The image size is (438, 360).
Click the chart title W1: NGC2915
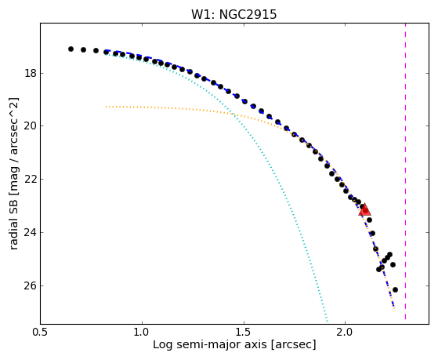pos(233,15)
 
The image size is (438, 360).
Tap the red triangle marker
pos(365,209)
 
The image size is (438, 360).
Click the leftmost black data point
pos(71,49)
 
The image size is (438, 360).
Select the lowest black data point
pos(395,289)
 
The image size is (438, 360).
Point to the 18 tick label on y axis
pos(31,73)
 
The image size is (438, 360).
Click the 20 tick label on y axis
pos(31,126)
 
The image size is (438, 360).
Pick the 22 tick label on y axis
pos(31,179)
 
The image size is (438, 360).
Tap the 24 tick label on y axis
pos(31,232)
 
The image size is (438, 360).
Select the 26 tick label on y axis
pos(31,285)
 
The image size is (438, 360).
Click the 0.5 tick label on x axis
pos(41,332)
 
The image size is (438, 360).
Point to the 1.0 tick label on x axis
pos(142,332)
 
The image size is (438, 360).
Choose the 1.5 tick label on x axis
pos(244,332)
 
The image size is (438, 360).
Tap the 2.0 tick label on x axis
pos(346,332)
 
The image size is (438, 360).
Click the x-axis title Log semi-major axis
pos(210,344)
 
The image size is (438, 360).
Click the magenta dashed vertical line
pos(405,172)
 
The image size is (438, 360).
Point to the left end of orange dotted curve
pos(106,107)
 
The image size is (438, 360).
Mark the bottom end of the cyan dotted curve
pos(327,321)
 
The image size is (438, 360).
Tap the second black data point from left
pos(83,49)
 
